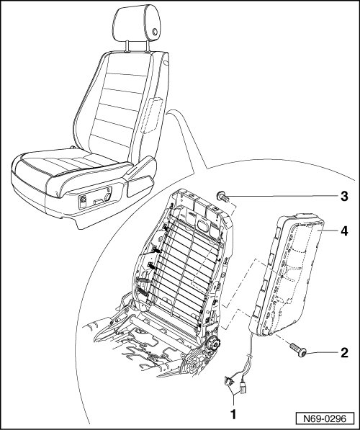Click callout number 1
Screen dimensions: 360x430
click(233, 414)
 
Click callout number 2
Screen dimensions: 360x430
click(344, 352)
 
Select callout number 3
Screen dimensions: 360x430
click(344, 197)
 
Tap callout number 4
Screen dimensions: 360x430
click(344, 231)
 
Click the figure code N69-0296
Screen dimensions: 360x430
click(325, 418)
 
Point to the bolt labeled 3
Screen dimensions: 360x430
click(222, 197)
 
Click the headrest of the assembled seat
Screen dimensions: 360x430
click(138, 24)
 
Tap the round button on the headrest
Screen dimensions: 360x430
click(155, 32)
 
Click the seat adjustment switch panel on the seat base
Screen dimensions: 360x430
click(95, 198)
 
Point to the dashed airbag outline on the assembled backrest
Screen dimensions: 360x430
click(153, 115)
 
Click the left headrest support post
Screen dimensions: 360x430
click(127, 46)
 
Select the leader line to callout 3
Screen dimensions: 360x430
click(282, 197)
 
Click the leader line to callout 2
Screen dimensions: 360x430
click(322, 353)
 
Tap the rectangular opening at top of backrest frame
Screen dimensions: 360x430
click(203, 226)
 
